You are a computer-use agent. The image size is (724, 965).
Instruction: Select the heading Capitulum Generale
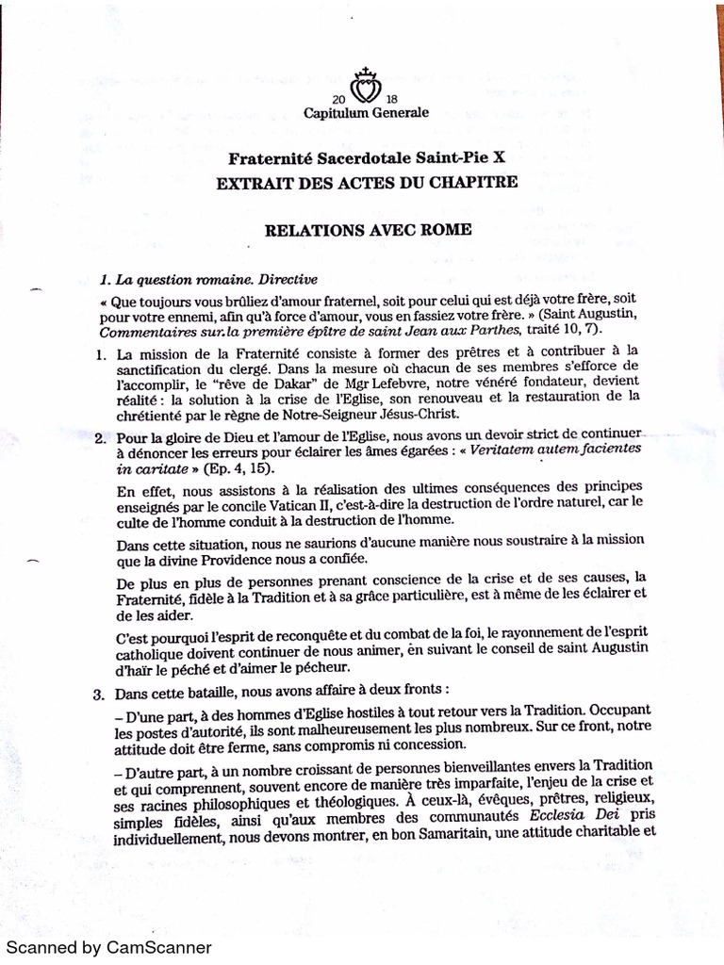367,113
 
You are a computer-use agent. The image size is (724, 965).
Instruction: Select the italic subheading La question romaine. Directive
209,280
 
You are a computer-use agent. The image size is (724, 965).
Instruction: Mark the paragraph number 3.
98,695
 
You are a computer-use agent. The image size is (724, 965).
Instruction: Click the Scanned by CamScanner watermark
109,948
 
